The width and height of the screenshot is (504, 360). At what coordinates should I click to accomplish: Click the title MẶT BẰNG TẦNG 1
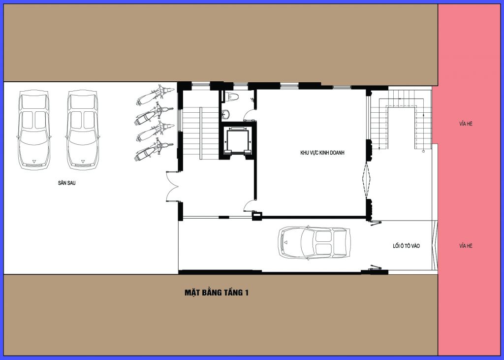[x=217, y=293]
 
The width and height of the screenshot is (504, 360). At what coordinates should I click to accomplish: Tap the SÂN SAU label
[x=67, y=183]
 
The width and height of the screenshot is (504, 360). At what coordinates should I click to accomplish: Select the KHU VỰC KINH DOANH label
[x=322, y=153]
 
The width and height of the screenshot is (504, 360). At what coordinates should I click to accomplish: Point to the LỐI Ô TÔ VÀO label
[x=406, y=246]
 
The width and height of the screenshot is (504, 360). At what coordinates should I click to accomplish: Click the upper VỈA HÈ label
[x=466, y=124]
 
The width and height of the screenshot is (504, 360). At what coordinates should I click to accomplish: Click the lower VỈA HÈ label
[x=466, y=246]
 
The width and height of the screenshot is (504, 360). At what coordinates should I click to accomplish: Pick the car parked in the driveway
[x=314, y=243]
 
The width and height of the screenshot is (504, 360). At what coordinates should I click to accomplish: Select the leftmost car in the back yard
[x=34, y=130]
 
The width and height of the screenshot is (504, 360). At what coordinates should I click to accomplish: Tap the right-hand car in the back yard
[x=83, y=130]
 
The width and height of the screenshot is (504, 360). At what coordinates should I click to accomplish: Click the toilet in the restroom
[x=231, y=96]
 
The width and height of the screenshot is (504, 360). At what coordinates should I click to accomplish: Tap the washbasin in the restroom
[x=225, y=114]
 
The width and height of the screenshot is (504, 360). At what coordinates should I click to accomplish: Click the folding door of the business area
[x=366, y=180]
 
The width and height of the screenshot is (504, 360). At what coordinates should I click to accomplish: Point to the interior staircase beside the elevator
[x=200, y=133]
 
